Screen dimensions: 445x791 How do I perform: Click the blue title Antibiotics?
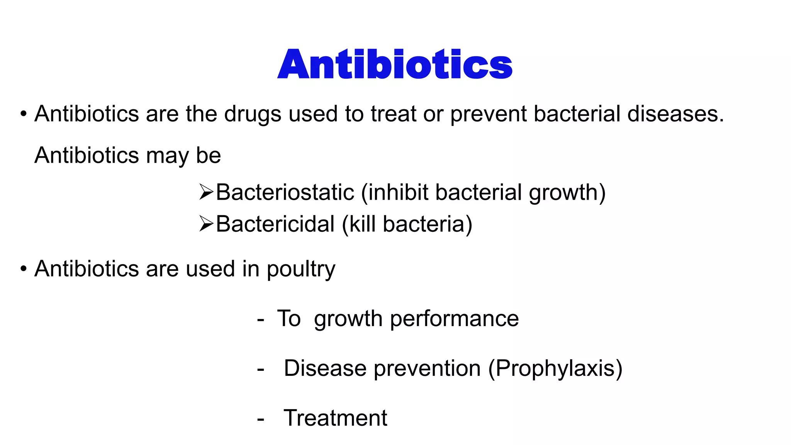tap(395, 65)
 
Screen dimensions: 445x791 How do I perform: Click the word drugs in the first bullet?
tap(253, 114)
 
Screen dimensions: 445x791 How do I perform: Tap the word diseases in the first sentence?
tap(675, 114)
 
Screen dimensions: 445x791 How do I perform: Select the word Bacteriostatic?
tap(285, 192)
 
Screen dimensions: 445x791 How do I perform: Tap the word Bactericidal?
tap(275, 224)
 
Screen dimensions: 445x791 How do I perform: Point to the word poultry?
tap(301, 269)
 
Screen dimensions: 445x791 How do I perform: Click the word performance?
tap(454, 319)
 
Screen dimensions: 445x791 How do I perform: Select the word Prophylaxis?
tap(555, 369)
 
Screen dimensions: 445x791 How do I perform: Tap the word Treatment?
tap(335, 418)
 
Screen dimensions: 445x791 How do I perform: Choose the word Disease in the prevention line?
tap(325, 368)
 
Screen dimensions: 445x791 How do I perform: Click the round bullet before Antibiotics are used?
tap(24, 268)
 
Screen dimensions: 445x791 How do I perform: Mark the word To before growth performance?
tap(289, 319)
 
